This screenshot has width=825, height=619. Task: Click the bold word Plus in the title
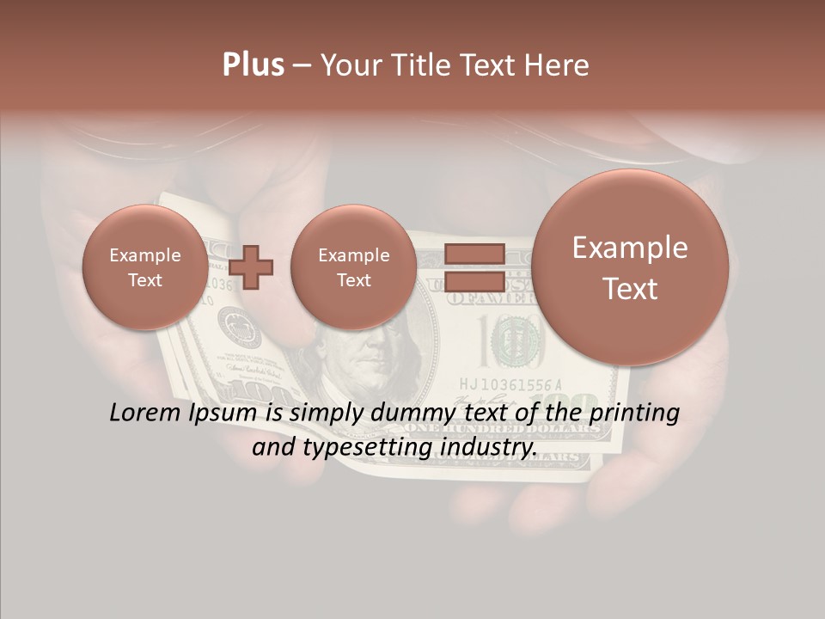tap(253, 65)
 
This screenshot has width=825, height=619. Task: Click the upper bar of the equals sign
tap(474, 254)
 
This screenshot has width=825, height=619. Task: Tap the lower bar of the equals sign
tap(474, 280)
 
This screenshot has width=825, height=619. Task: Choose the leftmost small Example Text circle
tap(145, 267)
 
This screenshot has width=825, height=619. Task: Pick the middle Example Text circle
tap(353, 267)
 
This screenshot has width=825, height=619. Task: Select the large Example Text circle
tap(630, 267)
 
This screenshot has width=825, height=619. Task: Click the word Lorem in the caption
tap(145, 413)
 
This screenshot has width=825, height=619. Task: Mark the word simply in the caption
tap(322, 414)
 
